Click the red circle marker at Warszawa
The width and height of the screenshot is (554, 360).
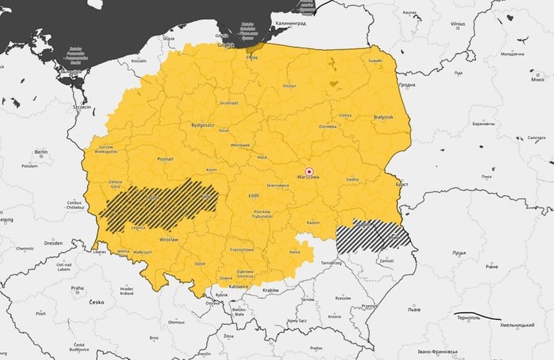308,171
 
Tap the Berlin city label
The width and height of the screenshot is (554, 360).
41,152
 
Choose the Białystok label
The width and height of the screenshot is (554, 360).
383,117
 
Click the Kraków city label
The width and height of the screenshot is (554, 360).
270,290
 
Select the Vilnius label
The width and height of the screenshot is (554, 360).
458,24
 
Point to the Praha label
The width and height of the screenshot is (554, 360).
77,288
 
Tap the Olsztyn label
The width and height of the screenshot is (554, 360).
290,86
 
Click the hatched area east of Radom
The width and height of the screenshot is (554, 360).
373,236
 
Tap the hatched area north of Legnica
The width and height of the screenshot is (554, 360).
158,201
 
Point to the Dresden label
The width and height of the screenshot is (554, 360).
53,243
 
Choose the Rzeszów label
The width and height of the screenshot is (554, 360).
342,298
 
